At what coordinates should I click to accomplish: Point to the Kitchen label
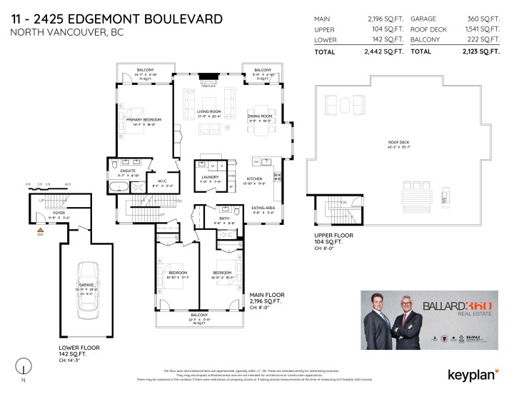click(x=255, y=179)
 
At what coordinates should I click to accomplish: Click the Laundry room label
click(x=210, y=176)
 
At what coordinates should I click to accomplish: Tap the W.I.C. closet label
click(x=158, y=181)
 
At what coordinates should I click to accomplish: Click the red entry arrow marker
click(x=40, y=226)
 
